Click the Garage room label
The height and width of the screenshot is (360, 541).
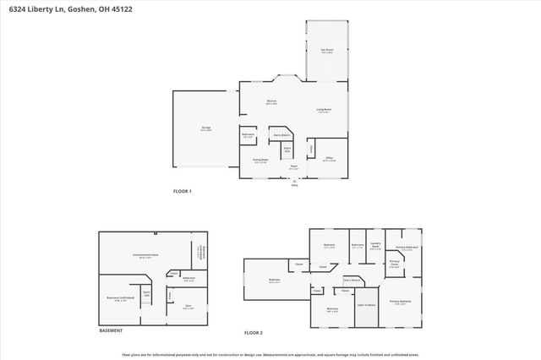click(205, 130)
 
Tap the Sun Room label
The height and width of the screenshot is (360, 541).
click(326, 51)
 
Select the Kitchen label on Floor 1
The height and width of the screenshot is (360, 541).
click(272, 102)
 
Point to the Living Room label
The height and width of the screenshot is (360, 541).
click(324, 109)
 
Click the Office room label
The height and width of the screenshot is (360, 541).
click(330, 158)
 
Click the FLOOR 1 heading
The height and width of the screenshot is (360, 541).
click(183, 191)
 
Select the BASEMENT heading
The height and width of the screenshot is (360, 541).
click(110, 330)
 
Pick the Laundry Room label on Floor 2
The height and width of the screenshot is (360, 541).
click(376, 246)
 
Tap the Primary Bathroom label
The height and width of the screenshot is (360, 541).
click(407, 248)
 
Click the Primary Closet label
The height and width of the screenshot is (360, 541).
click(395, 265)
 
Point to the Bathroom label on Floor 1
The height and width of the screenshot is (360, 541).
click(249, 135)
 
